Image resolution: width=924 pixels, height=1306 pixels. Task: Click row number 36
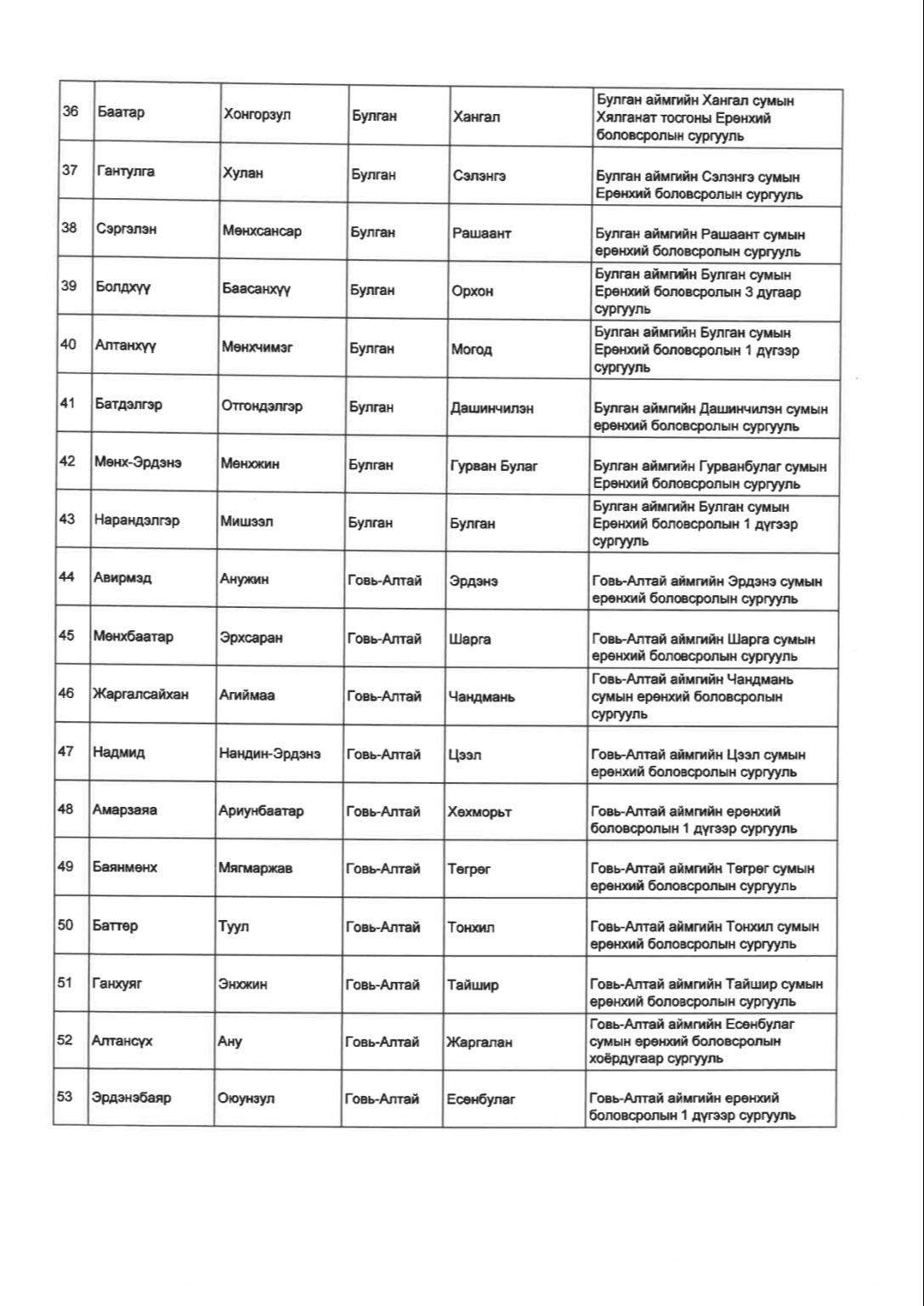(x=71, y=111)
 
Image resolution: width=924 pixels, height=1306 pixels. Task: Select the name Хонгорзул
(x=257, y=114)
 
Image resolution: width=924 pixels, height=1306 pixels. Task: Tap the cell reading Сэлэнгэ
(x=479, y=175)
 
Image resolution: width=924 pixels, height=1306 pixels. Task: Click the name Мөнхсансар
(x=262, y=231)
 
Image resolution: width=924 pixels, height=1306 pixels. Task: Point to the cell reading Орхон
(x=473, y=291)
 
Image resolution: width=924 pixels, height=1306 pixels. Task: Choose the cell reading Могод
(x=472, y=349)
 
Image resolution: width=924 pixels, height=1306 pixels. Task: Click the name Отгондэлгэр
(x=262, y=406)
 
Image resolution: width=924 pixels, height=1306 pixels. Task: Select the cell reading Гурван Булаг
(x=494, y=466)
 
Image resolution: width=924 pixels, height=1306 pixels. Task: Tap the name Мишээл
(x=247, y=522)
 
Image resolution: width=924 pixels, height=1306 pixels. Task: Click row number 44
(x=66, y=577)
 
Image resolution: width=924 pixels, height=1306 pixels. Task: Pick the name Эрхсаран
(x=251, y=638)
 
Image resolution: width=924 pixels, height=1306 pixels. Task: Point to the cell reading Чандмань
(x=481, y=697)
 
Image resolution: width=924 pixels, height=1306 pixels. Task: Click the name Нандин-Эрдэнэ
(x=269, y=754)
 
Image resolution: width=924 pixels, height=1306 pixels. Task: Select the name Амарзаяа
(x=124, y=810)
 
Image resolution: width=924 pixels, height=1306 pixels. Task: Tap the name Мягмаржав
(x=255, y=869)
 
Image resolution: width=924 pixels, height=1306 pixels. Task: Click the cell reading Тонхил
(x=471, y=928)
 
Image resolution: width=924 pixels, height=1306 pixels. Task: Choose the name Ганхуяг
(x=117, y=984)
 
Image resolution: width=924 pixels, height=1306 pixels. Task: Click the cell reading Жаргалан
(x=479, y=1042)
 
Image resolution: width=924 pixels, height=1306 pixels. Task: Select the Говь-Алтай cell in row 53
(x=382, y=1099)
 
